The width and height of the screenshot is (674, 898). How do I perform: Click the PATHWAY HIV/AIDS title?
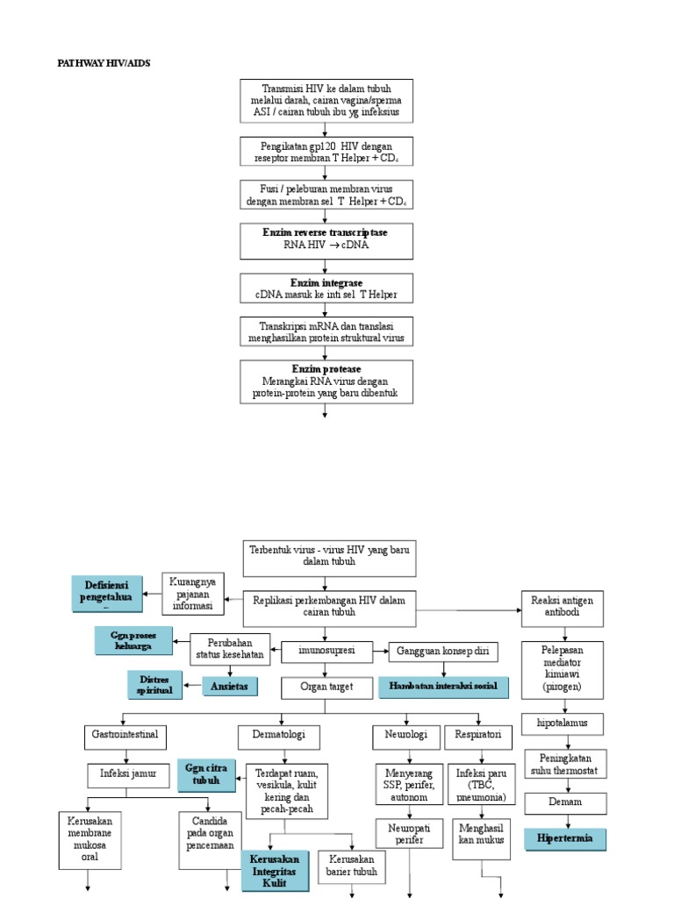click(x=110, y=62)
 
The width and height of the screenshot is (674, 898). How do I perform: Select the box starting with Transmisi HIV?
click(x=326, y=101)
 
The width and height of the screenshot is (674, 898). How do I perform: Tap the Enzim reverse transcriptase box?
click(x=326, y=239)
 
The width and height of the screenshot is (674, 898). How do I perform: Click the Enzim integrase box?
click(x=326, y=289)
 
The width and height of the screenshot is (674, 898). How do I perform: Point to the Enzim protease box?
click(x=326, y=381)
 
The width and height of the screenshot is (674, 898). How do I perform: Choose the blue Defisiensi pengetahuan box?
click(x=107, y=594)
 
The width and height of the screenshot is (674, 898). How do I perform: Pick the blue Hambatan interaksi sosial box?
click(x=443, y=688)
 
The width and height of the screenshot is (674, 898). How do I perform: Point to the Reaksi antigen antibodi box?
click(x=563, y=607)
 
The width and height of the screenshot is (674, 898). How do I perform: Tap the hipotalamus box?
click(x=563, y=724)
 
